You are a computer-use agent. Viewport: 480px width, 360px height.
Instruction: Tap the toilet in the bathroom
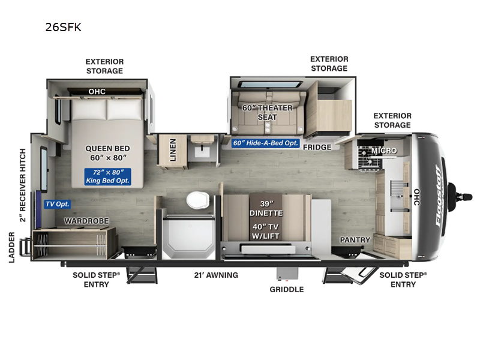coord(196,199)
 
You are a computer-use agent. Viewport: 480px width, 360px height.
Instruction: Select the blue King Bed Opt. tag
coord(108,176)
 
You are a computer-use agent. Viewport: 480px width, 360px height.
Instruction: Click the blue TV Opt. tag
coord(58,204)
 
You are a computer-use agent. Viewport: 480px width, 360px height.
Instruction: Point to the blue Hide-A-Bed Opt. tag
coord(265,143)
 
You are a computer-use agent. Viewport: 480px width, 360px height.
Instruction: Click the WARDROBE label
coord(87,221)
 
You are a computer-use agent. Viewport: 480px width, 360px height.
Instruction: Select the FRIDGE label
coord(317,147)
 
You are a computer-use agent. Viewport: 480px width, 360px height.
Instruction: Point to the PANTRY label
coord(355,240)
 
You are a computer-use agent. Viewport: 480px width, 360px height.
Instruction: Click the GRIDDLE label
coord(287,289)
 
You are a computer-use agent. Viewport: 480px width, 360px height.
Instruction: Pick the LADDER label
coord(11,247)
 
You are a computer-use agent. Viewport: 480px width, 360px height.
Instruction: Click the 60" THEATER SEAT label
coord(268,112)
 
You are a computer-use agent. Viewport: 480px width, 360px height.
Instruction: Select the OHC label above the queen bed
coord(97,92)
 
